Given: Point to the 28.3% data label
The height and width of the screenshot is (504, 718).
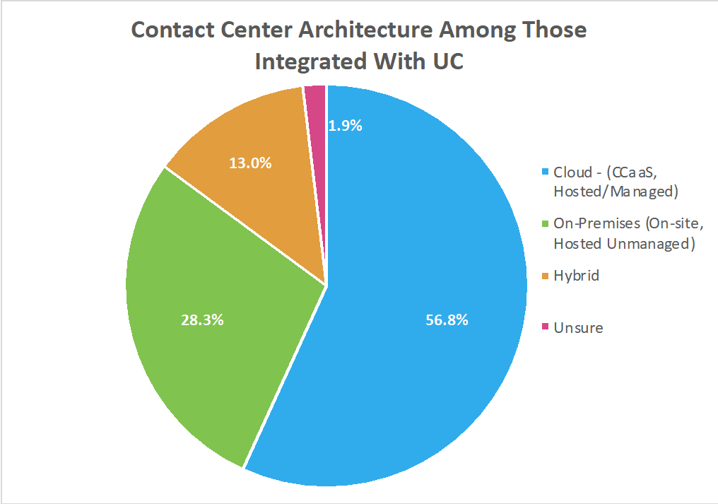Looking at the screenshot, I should point(202,320).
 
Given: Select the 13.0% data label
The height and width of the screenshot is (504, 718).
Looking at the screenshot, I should point(250,163).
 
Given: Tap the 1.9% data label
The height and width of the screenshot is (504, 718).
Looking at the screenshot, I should point(346,126).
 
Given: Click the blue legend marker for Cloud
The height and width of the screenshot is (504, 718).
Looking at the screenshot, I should point(544,172).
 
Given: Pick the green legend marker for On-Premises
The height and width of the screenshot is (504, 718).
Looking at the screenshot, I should point(544,225).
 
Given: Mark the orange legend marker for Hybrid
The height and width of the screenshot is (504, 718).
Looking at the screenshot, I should point(544,276).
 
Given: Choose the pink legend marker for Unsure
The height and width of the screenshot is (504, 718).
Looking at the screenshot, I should point(544,327).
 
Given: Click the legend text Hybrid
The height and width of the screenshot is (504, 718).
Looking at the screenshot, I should point(576,276).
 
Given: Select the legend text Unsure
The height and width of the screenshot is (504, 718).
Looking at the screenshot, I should point(578,327).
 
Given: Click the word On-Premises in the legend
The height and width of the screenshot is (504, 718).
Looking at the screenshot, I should point(594,224).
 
